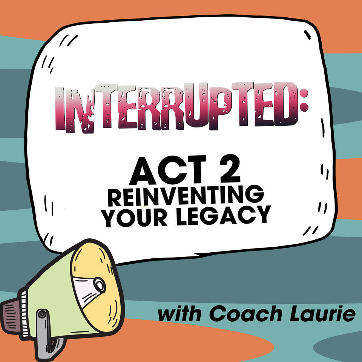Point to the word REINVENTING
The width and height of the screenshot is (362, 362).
pyautogui.click(x=186, y=196)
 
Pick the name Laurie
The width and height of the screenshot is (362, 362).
pyautogui.click(x=322, y=313)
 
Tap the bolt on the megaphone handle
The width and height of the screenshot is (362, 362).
pyautogui.click(x=42, y=314)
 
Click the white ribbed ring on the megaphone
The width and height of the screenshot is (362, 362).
pyautogui.click(x=24, y=314)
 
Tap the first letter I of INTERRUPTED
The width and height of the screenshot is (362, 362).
pyautogui.click(x=59, y=109)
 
